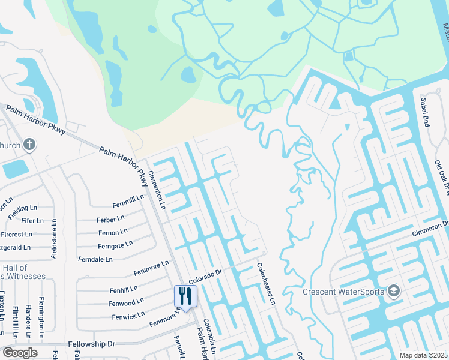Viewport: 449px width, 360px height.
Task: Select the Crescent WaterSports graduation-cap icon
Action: coord(393,292)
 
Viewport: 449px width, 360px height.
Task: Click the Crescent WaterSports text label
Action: coord(344,292)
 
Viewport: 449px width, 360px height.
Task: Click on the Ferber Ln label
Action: coord(111,218)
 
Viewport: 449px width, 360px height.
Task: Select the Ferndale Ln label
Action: coord(95,259)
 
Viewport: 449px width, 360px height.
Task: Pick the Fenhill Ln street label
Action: coord(123,290)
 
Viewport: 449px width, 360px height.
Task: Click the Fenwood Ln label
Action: coord(126,302)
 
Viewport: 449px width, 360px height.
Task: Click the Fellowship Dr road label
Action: coord(91,344)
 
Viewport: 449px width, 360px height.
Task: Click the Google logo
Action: coord(20,353)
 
